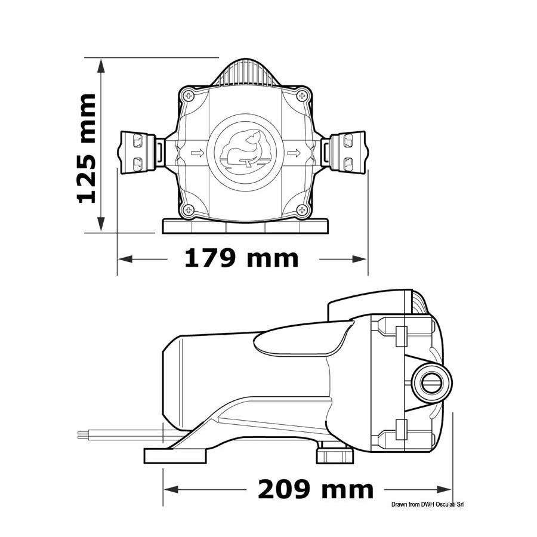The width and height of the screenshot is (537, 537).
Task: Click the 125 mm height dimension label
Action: [x=87, y=149]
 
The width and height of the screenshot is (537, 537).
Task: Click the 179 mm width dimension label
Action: [x=242, y=258]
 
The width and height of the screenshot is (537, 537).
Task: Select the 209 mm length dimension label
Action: [x=316, y=489]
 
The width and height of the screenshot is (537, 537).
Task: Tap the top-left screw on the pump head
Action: [x=188, y=96]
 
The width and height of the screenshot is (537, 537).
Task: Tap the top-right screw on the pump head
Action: [x=302, y=96]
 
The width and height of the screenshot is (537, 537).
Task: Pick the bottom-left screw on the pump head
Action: [x=188, y=209]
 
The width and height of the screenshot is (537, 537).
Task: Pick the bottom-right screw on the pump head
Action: [x=302, y=209]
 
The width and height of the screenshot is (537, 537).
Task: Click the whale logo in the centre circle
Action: [x=245, y=150]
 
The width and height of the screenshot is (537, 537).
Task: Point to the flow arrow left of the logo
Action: [x=197, y=153]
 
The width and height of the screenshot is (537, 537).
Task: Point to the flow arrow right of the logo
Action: [x=294, y=153]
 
